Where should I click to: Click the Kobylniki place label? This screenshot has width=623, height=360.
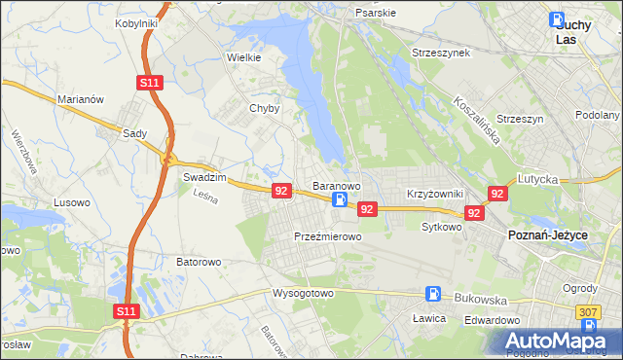pyautogui.click(x=136, y=22)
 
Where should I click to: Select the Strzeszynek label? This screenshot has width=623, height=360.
pyautogui.click(x=441, y=53)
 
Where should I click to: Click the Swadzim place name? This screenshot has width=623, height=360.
pyautogui.click(x=204, y=178)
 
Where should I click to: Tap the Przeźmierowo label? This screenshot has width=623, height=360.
pyautogui.click(x=328, y=236)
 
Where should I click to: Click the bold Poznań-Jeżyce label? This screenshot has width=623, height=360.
pyautogui.click(x=546, y=235)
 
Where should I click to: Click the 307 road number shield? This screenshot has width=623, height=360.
pyautogui.click(x=588, y=311)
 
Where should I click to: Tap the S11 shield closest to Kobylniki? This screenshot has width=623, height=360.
pyautogui.click(x=148, y=84)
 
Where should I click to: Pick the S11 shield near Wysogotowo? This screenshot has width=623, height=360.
pyautogui.click(x=127, y=311)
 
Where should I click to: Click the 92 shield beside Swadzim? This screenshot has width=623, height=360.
pyautogui.click(x=280, y=191)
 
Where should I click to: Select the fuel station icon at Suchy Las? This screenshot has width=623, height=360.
pyautogui.click(x=556, y=19)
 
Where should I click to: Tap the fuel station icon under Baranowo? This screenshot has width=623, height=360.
pyautogui.click(x=339, y=200)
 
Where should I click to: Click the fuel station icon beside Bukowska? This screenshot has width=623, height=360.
pyautogui.click(x=432, y=293)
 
